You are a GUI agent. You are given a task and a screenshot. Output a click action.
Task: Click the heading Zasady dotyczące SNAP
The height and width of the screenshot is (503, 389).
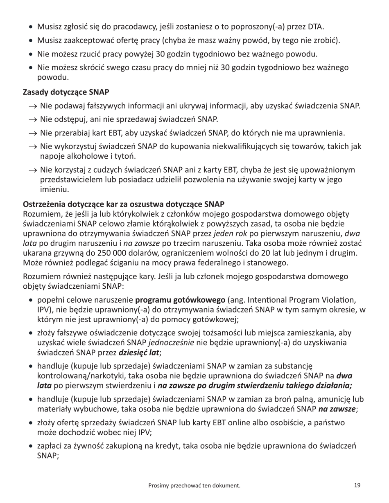point(66,92)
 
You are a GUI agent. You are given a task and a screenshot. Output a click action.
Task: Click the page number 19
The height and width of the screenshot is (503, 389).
point(357,485)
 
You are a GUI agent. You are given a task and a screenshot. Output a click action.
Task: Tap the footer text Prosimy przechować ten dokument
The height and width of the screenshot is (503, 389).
point(194,485)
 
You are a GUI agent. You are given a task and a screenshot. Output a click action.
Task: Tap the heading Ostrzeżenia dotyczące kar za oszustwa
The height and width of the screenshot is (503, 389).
point(124,204)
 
